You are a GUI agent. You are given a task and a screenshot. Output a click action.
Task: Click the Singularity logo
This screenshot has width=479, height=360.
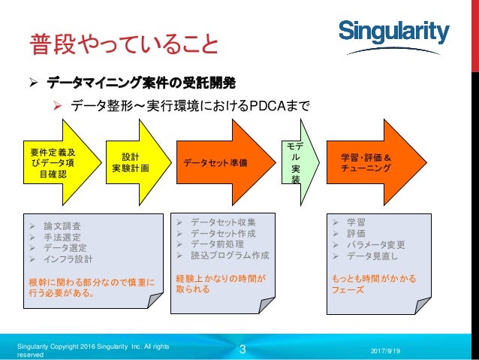394,32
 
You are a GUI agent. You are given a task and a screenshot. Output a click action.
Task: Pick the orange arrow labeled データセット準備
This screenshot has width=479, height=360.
218,162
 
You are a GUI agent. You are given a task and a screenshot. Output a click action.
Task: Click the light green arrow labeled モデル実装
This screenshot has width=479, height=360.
295,162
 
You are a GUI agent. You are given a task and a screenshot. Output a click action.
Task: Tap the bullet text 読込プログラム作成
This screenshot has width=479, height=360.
230,256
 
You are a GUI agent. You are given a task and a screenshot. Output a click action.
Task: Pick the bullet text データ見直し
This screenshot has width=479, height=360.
372,256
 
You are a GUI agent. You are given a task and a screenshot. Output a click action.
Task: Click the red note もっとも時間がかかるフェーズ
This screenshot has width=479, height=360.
373,283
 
